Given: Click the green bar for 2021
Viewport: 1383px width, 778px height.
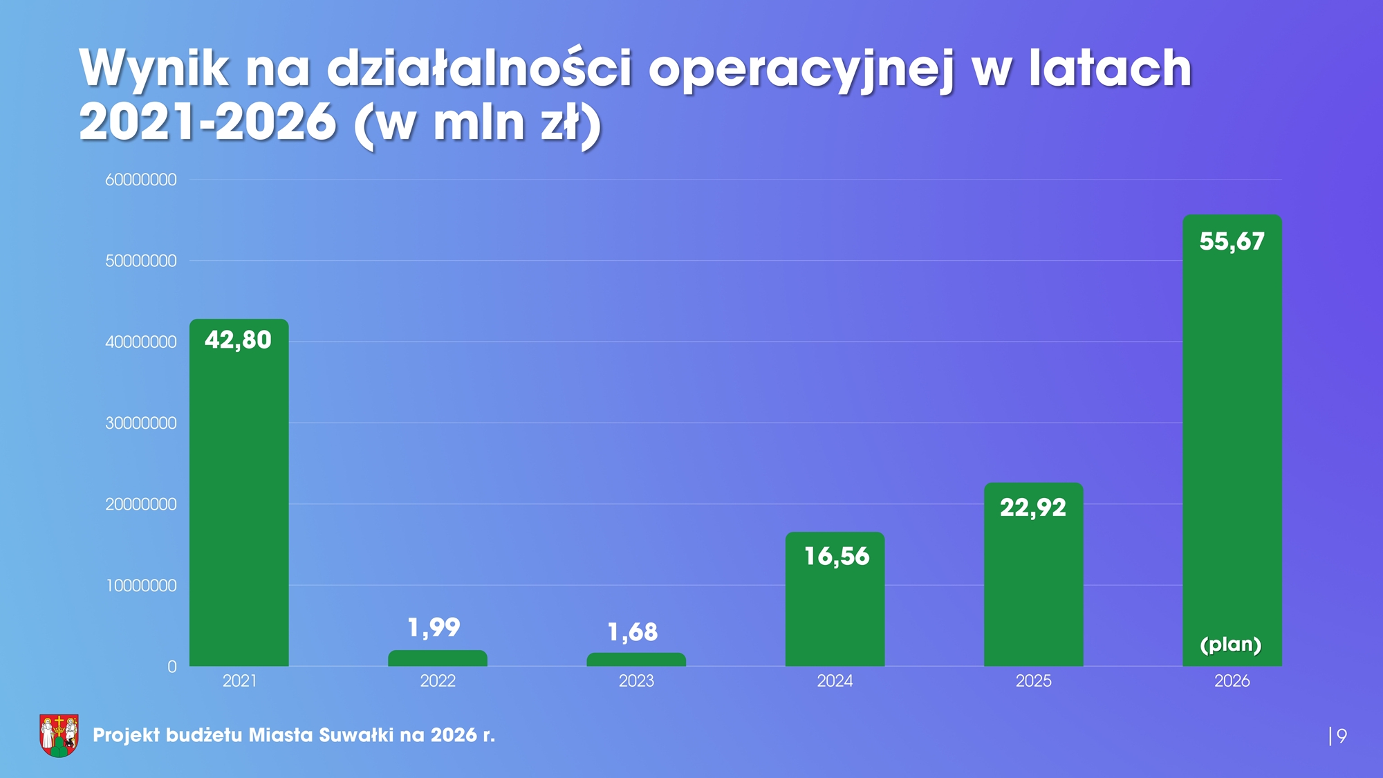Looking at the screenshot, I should point(239,498).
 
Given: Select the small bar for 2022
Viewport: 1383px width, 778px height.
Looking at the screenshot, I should point(437,658).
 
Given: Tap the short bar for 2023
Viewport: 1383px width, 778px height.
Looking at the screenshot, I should point(636,660).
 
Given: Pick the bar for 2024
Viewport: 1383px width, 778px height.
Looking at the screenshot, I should point(835,609).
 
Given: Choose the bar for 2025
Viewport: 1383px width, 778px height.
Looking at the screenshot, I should point(1033,588).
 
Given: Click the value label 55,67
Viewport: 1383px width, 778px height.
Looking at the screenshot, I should point(1232,241).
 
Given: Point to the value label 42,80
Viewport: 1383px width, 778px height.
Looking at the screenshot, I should point(238,340).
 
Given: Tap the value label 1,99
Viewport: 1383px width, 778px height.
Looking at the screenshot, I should point(434,628).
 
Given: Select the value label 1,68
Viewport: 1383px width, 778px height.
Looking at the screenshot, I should point(632,632).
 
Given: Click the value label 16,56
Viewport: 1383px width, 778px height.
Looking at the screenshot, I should point(836,557).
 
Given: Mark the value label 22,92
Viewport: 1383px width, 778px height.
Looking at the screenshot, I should point(1033,508).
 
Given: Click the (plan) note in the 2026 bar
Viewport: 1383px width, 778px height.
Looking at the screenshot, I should point(1231,645).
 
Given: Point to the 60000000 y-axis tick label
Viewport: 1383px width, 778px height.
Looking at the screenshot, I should point(141,180).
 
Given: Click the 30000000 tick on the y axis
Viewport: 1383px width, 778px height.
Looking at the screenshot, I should point(141,423).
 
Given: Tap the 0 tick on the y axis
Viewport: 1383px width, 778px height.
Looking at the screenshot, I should point(171,667).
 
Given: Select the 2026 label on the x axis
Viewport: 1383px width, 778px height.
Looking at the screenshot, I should point(1232,681).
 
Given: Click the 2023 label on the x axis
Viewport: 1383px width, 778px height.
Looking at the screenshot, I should point(636,681).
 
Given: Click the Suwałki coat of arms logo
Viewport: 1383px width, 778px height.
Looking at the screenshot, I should point(59,735).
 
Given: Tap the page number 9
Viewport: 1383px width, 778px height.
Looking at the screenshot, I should point(1342,736).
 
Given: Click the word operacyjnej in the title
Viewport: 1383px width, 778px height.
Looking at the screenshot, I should point(801,69).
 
